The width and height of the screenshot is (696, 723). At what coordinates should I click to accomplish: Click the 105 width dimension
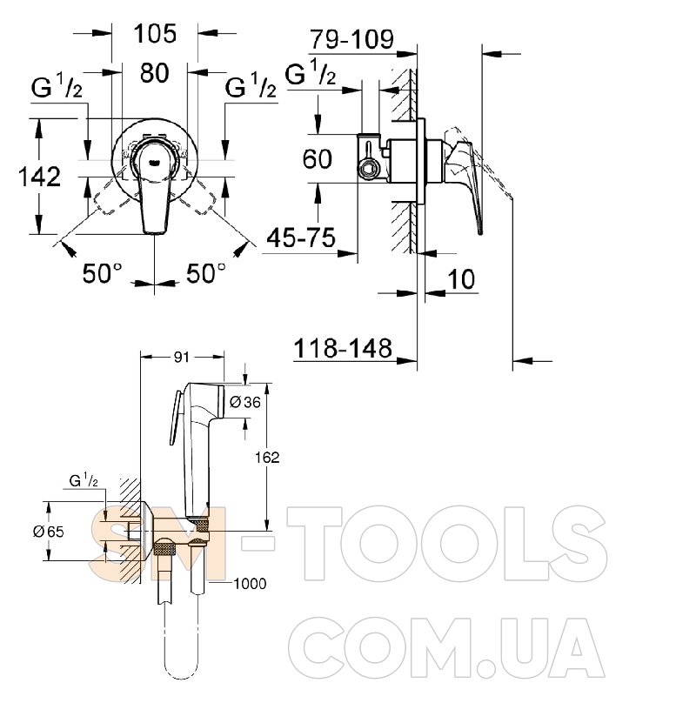click(155, 34)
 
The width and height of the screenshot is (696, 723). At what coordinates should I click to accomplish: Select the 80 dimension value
click(154, 73)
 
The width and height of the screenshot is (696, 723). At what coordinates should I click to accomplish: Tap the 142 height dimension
click(39, 177)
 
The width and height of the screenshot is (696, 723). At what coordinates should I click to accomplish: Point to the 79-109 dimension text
click(351, 39)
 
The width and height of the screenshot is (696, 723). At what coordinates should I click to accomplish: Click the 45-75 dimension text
click(301, 238)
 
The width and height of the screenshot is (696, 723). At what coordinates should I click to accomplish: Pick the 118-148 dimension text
click(343, 348)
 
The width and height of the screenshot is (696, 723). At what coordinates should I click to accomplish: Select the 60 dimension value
click(318, 158)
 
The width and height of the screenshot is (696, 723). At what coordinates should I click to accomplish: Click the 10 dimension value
click(461, 279)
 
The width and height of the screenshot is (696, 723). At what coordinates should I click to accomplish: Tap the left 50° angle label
click(103, 273)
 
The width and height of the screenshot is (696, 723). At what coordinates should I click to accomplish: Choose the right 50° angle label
click(206, 273)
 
